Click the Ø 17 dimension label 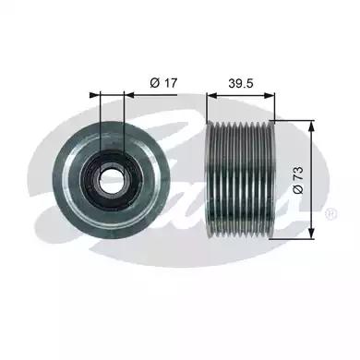(163, 83)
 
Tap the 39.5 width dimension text (240, 83)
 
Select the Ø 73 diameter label (298, 180)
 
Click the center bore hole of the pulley (111, 179)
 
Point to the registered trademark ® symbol (331, 213)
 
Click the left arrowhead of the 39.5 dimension (211, 96)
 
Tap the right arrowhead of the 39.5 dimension (270, 96)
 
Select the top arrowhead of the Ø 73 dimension (312, 125)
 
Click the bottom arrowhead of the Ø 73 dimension (312, 234)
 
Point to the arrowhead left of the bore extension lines (95, 95)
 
